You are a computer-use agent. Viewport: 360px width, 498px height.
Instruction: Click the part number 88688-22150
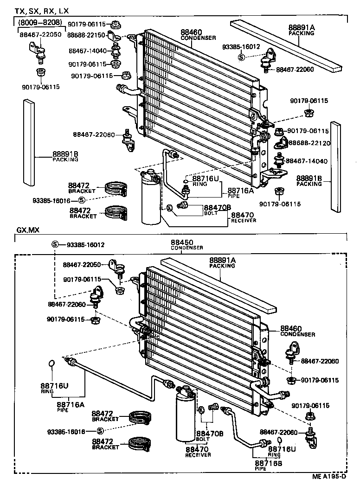(85, 35)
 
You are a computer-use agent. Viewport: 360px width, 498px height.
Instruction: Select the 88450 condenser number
(181, 243)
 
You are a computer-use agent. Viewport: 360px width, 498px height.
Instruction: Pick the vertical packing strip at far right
(335, 166)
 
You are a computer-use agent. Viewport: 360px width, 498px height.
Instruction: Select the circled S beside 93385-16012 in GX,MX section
(55, 244)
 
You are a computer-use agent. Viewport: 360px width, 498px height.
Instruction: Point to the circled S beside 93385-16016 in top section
(82, 200)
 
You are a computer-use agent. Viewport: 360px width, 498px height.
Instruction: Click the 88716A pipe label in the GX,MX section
(71, 404)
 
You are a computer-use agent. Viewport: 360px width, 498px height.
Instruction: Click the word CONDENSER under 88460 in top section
(198, 38)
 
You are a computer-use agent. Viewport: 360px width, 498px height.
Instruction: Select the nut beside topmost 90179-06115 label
(116, 24)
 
